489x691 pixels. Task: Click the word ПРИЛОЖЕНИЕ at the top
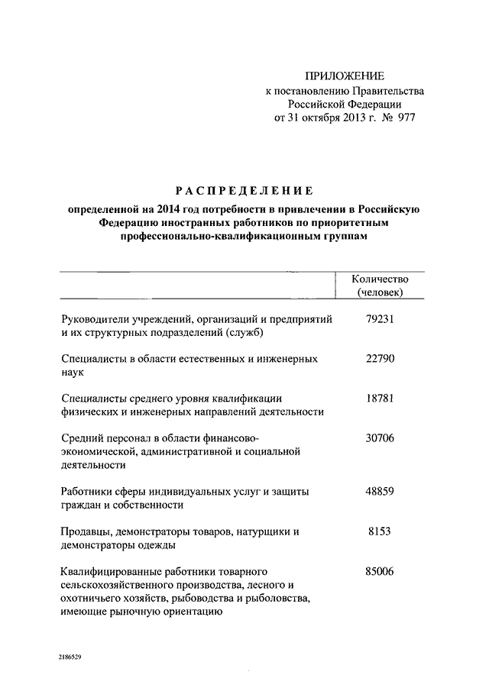[345, 76]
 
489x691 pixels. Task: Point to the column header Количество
[380, 279]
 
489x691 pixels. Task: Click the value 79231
[380, 321]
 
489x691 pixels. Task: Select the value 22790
[380, 358]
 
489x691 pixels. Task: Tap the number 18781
[380, 397]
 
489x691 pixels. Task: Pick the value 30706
[380, 438]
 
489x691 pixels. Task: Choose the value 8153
[380, 531]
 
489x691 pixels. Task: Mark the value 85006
[380, 570]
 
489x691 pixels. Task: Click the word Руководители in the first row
[93, 321]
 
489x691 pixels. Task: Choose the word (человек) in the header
[380, 292]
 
